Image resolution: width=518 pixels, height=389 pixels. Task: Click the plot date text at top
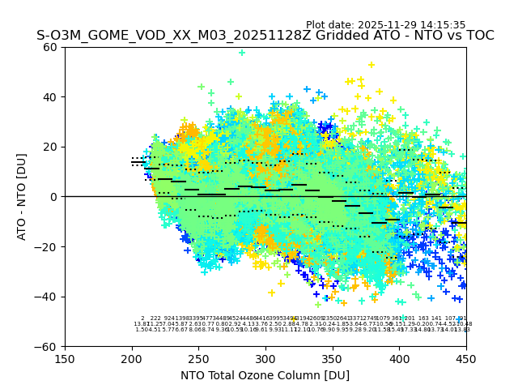click(x=385, y=25)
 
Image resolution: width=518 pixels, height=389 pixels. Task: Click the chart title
click(x=265, y=36)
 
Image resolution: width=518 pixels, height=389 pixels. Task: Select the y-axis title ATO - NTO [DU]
click(x=22, y=196)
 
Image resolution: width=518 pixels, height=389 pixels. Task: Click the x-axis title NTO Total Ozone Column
click(x=265, y=375)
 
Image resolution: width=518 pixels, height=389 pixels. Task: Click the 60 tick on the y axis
click(x=51, y=47)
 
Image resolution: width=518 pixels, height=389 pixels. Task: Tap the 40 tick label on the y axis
click(x=51, y=97)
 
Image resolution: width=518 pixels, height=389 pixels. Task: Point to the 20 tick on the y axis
click(x=51, y=147)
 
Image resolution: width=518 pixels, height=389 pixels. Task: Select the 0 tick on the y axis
click(x=54, y=197)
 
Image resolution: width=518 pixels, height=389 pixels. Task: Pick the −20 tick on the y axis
click(x=48, y=246)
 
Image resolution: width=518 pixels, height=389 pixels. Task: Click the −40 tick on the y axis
click(x=48, y=297)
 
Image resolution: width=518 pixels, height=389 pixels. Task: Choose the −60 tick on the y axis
click(x=48, y=346)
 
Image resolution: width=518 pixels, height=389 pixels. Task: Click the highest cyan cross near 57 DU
click(x=241, y=53)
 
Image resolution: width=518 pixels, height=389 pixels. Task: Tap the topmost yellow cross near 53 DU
click(x=372, y=65)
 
